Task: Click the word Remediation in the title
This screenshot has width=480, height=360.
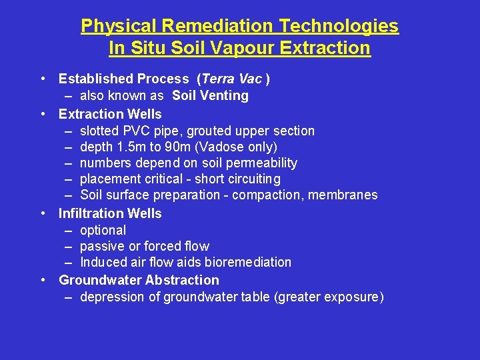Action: click(219, 26)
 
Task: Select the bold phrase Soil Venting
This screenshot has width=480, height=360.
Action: click(210, 95)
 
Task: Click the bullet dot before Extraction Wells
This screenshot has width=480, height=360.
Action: click(43, 114)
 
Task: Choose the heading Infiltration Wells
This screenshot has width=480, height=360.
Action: click(110, 213)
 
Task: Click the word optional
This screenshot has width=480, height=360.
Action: click(103, 230)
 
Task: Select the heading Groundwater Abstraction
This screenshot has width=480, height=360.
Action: click(139, 280)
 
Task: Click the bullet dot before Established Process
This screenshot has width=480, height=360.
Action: click(43, 79)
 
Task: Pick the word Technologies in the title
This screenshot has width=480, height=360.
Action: click(339, 26)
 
